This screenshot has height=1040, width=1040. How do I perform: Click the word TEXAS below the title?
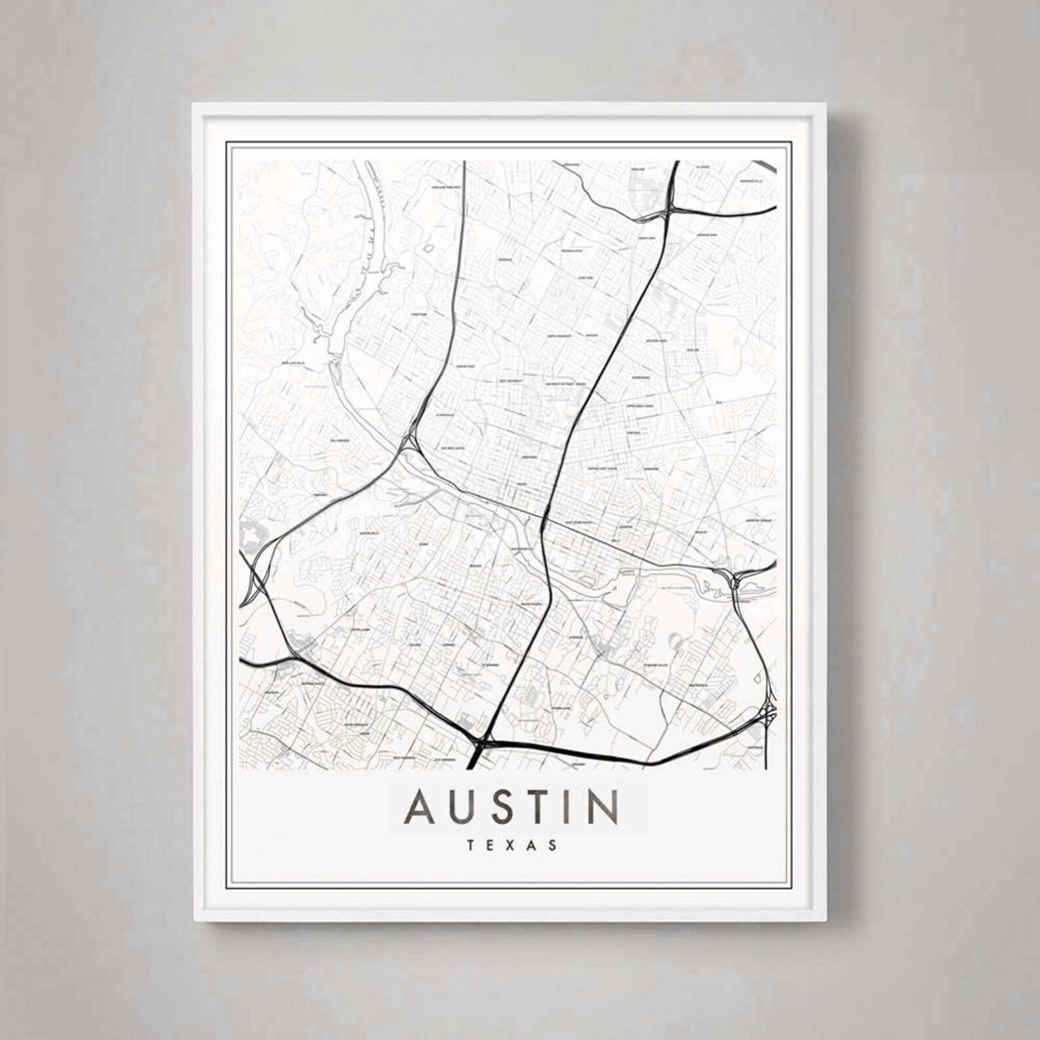point(513,845)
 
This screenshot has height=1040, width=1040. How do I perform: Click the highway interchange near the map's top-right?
point(669,211)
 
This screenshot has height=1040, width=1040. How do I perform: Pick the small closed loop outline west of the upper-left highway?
point(428,250)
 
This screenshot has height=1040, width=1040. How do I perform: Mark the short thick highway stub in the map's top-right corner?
point(764,167)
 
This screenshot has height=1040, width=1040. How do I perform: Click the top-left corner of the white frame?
point(193,103)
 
